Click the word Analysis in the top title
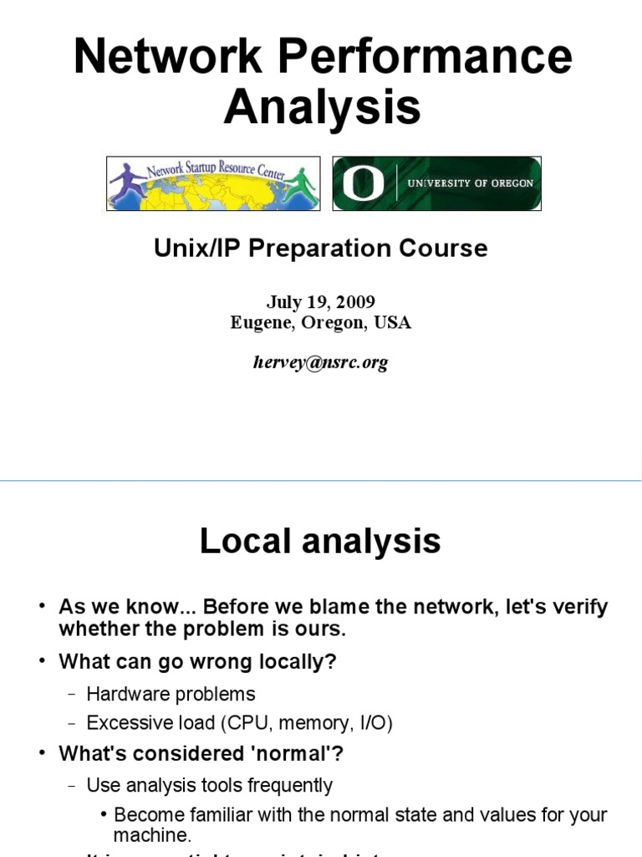click(x=322, y=108)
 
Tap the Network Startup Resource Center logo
click(x=213, y=182)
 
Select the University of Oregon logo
click(x=436, y=183)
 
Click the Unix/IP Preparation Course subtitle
click(x=320, y=249)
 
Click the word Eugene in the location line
click(x=258, y=323)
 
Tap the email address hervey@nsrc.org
click(x=320, y=362)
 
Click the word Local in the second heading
click(x=246, y=541)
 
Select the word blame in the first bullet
click(x=369, y=608)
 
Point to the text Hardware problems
click(x=171, y=694)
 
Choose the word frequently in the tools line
click(x=288, y=786)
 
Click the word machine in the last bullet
click(x=152, y=835)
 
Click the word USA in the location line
click(x=393, y=323)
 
